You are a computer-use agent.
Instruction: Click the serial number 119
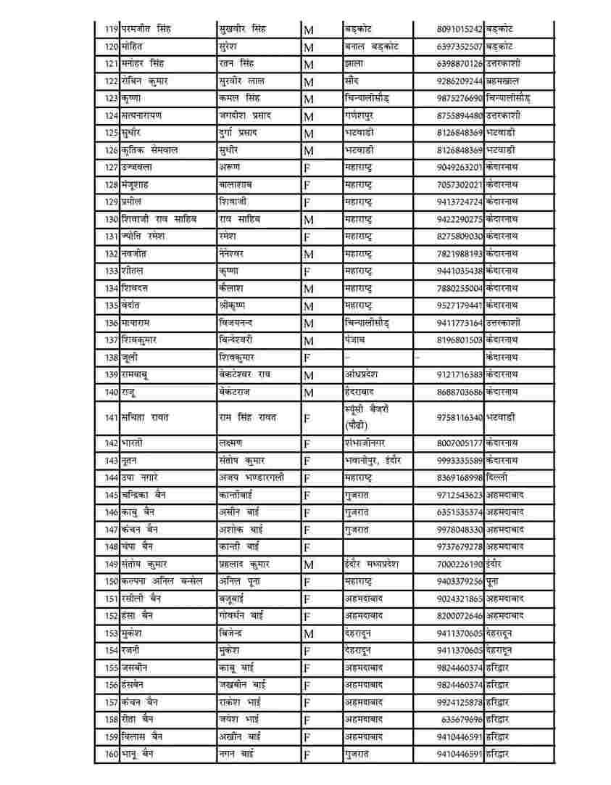pos(111,29)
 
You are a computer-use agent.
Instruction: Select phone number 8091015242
pos(460,29)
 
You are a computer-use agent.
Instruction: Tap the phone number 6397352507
pos(460,46)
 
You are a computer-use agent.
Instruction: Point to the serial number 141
pos(111,418)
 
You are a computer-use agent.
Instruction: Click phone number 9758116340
pos(460,418)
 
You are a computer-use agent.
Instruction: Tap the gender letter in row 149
pos(309,564)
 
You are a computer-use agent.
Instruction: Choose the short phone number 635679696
pos(462,720)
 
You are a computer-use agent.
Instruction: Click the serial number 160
pos(111,755)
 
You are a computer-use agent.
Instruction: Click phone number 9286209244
pos(460,81)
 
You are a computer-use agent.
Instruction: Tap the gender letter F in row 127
pos(307,168)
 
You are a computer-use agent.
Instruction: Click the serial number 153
pos(111,633)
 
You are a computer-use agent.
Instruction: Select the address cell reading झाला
pos(354,64)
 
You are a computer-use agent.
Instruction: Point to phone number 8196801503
pos(460,340)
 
